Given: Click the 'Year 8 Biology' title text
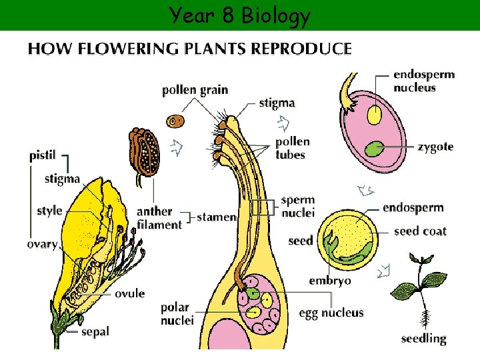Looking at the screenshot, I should pos(239,15).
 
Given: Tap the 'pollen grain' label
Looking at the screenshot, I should pos(195,90).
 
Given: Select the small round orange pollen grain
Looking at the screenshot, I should pos(176,121).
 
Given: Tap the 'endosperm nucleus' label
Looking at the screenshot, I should pos(424,81).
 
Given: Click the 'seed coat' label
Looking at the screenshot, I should pos(420,231).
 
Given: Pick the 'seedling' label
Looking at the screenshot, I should pos(423,339).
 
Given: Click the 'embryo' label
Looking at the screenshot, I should pos(329,281).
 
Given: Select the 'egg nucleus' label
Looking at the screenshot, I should pos(331,313).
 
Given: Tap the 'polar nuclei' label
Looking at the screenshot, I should pos(177,314).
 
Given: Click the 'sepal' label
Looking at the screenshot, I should pos(95,331).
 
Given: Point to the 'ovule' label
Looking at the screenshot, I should pos(129,293).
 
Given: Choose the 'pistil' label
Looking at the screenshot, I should pos(43,156).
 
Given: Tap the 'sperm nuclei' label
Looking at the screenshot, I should pos(297,206).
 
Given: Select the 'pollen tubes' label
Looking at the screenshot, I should pos(292,148).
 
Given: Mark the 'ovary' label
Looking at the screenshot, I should pos(42,244).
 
